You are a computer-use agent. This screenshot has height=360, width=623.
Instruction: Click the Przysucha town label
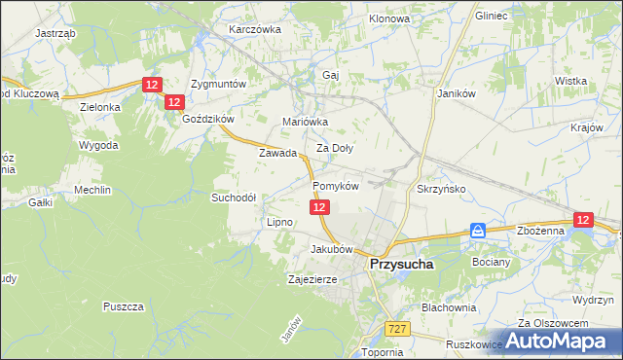[x=401, y=264]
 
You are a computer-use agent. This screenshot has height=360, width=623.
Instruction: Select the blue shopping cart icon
[x=478, y=231]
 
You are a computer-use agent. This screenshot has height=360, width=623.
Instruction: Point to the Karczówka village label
[x=254, y=29]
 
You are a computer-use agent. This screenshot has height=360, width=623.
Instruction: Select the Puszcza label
[x=123, y=306]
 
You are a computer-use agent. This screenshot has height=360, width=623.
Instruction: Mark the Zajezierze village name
[x=312, y=279]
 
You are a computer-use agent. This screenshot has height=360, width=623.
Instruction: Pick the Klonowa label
[x=389, y=18]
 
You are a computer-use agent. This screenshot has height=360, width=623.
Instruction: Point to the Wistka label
[x=569, y=81]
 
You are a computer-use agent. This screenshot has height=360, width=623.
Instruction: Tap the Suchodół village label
[x=234, y=197]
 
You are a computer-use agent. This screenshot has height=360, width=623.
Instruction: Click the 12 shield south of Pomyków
[x=322, y=207]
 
